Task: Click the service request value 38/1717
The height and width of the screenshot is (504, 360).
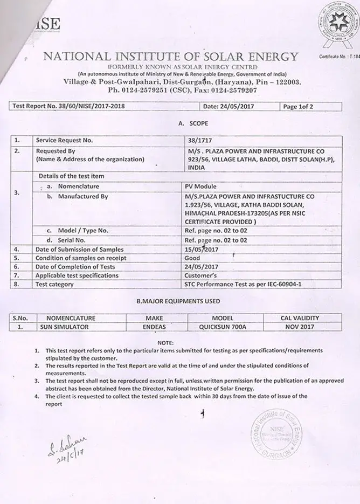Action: pos(197,140)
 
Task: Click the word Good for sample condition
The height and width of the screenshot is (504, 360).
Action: pos(192,258)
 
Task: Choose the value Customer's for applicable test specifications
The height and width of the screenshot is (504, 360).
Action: pos(200,275)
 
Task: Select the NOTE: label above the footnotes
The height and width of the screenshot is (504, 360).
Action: pos(165,342)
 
